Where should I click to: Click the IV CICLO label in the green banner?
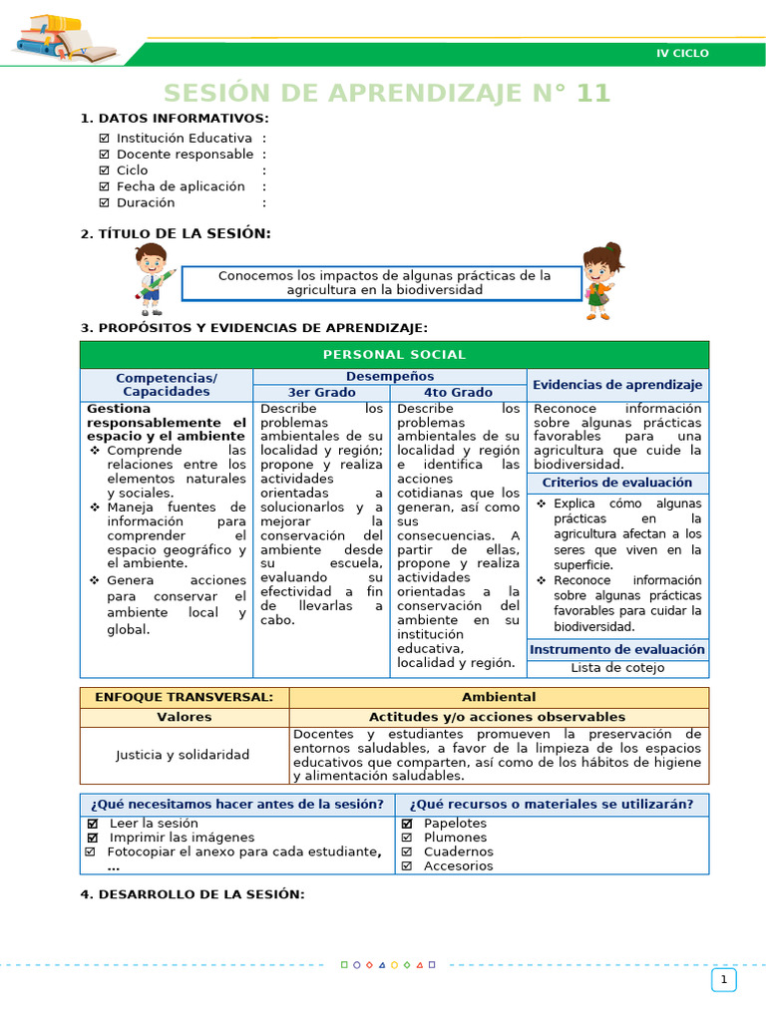[682, 53]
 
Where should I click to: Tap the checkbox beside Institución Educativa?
[105, 139]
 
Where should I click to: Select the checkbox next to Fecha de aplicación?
[105, 186]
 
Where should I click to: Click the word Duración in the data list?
[146, 202]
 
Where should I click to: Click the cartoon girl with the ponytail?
[600, 279]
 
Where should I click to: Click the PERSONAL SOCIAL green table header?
[394, 355]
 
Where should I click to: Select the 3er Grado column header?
[321, 393]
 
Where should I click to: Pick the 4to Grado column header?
[458, 393]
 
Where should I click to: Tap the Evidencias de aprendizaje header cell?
[617, 385]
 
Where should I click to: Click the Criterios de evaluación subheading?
[617, 483]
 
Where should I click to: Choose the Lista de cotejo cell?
[617, 668]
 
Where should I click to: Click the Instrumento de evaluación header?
[617, 649]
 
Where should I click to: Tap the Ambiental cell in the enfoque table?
[499, 697]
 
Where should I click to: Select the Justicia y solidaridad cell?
[183, 755]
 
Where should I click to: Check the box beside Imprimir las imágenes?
[93, 838]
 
